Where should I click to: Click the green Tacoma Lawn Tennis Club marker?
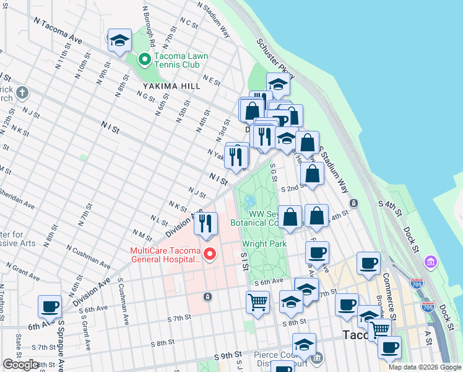coord(145,60)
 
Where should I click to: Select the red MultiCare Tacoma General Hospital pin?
coord(210,254)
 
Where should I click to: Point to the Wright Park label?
coord(264,244)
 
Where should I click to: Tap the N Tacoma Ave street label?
coord(59,30)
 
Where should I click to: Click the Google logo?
coord(21,365)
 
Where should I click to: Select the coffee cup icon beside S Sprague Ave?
coord(50,306)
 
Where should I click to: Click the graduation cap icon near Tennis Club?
coord(119,41)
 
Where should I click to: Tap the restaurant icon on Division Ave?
coord(206,223)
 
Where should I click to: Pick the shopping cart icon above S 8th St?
coord(258,303)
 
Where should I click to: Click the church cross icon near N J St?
coord(22,94)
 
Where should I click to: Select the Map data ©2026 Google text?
coord(425,367)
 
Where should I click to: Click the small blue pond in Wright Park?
coord(250,202)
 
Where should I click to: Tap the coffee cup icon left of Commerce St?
coord(369,263)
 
